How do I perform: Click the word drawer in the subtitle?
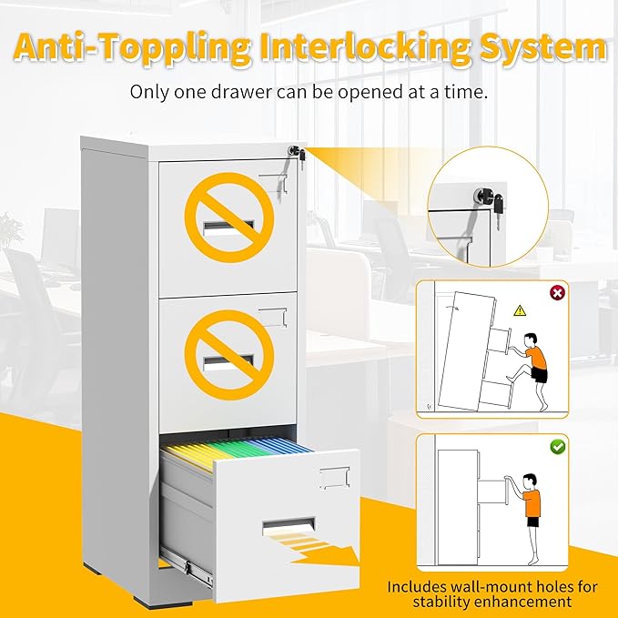pos(241,92)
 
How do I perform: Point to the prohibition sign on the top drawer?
pos(229,218)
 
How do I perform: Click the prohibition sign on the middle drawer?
pos(229,355)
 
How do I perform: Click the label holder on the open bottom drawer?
pos(335,478)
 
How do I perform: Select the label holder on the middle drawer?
pos(273,318)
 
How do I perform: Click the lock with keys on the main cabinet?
pos(297,154)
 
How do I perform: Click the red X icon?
pos(557,293)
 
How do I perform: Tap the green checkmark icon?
pos(558,447)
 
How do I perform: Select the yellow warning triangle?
pos(520,311)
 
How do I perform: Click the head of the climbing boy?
pos(530,339)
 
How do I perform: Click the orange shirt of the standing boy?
pos(532,503)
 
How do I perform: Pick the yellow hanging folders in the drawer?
pos(193,453)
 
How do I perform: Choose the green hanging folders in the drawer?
pos(237,449)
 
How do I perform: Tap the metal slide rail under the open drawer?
pos(187,564)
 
